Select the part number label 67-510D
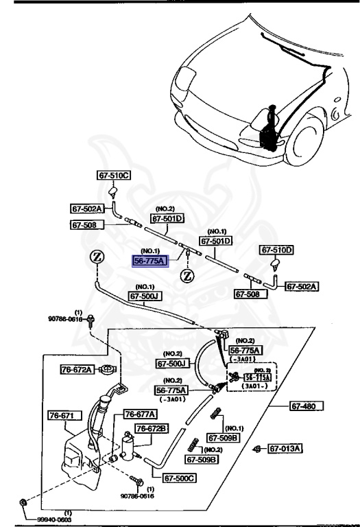276,250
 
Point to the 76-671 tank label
65,416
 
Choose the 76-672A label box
75,369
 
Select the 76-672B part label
152,428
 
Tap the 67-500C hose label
180,478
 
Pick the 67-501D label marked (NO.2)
168,219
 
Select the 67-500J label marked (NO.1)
145,296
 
